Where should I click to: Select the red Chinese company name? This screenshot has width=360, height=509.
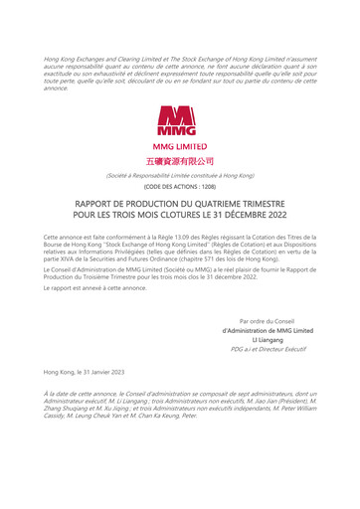pos(180,160)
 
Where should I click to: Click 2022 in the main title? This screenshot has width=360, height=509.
pos(261,214)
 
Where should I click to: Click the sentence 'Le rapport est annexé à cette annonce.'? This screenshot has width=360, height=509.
pos(95,287)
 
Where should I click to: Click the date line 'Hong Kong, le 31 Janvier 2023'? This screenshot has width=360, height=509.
pos(85,371)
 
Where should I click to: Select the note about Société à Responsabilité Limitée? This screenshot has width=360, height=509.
pos(180,175)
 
